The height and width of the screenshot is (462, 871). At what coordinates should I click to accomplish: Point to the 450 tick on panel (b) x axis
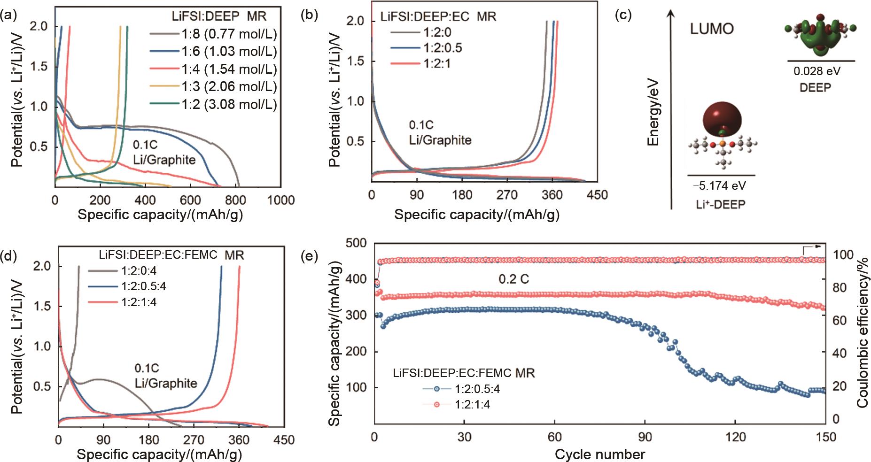click(597, 194)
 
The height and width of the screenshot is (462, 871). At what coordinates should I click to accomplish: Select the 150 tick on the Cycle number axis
click(827, 437)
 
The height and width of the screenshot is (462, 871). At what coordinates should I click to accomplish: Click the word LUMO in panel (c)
click(712, 29)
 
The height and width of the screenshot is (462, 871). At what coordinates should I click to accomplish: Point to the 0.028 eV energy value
click(817, 72)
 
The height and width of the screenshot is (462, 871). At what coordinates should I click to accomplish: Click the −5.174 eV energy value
click(719, 186)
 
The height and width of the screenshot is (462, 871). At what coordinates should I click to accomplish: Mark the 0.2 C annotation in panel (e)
click(514, 279)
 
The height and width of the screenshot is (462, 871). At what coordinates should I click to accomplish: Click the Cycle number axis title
click(599, 454)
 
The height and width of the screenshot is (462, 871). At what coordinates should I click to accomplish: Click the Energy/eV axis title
click(653, 112)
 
